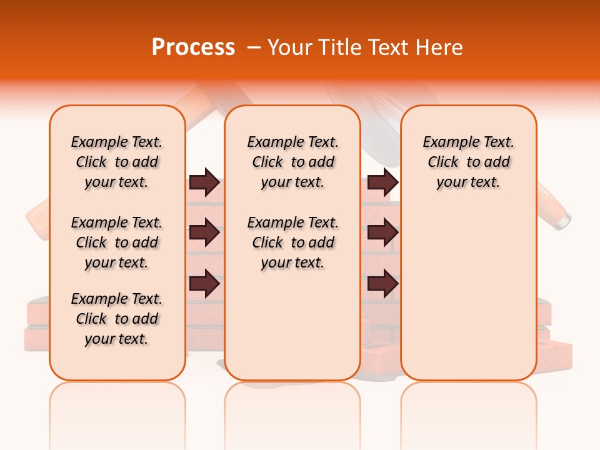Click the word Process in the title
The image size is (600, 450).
193,47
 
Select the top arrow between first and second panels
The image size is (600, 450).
204,182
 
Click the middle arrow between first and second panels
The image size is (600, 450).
204,233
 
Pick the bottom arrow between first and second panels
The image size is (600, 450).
204,284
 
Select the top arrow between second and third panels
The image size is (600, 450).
382,182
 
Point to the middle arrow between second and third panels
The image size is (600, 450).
382,233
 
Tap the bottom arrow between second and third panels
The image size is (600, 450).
382,284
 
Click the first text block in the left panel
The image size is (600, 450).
117,162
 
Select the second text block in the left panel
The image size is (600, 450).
117,242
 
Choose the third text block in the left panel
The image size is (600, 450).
117,319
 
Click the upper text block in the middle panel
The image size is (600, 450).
292,162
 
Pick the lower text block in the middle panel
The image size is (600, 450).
292,242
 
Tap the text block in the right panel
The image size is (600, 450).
469,162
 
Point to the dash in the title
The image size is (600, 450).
254,48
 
